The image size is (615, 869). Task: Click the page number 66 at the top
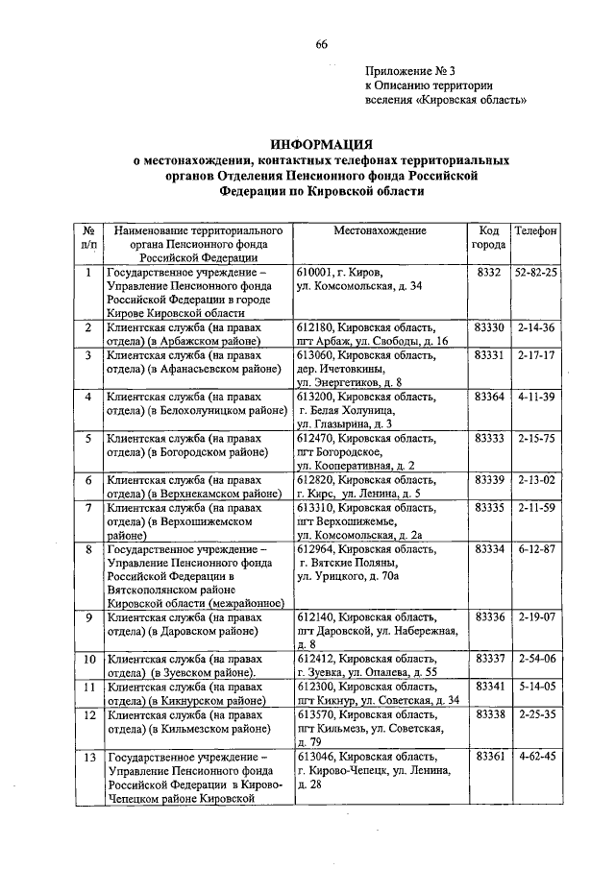321,41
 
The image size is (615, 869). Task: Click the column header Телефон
536,231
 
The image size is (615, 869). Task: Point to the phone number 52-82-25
536,273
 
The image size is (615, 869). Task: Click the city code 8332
489,273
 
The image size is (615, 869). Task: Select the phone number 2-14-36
536,328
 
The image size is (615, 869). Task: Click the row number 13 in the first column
88,758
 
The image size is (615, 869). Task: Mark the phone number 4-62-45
536,758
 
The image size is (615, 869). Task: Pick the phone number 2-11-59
536,507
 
